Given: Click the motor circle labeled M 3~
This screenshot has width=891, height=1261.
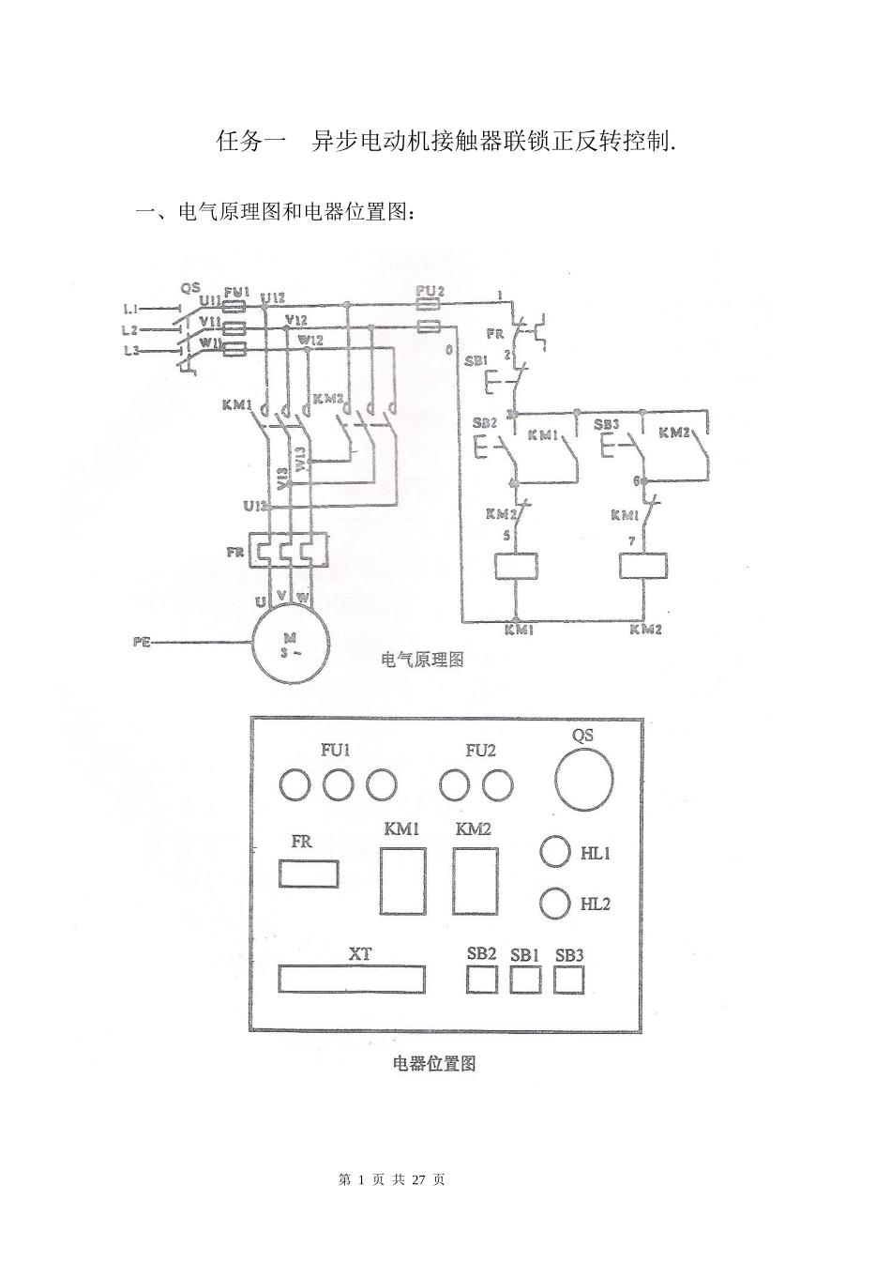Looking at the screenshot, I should pos(290,644).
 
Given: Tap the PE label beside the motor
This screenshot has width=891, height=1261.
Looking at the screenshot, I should pos(142,643).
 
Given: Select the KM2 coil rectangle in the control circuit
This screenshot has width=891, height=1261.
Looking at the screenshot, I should pos(644,566).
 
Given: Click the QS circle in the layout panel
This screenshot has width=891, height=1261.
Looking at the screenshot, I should pos(584,777).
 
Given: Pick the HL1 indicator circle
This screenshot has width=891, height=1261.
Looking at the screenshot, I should pos(555,852).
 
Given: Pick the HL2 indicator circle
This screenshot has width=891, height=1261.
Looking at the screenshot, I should pos(555,903).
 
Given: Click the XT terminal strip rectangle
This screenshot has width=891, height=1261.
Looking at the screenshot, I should pos(351,980).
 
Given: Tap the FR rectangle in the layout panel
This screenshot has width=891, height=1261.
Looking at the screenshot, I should pos(309,874).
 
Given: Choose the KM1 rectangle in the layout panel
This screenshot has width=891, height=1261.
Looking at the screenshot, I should pos(402,881).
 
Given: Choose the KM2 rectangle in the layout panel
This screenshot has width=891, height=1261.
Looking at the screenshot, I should pos(475,881).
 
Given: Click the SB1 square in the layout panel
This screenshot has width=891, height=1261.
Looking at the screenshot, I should pos(525,980).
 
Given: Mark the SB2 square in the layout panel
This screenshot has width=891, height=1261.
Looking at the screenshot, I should pos(482,980).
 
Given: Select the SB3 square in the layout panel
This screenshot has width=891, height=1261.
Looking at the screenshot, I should pos(568,980).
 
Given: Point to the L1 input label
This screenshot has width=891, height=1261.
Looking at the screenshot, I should pos(131,309).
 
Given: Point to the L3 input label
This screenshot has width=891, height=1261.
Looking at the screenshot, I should pos(131,351).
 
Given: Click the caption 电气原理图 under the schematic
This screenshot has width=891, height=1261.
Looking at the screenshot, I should pos(423,661).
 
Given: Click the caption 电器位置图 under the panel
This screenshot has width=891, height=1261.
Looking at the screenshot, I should pos(433,1064).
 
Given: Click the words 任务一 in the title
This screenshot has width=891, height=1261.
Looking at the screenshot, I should pos(250,143).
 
